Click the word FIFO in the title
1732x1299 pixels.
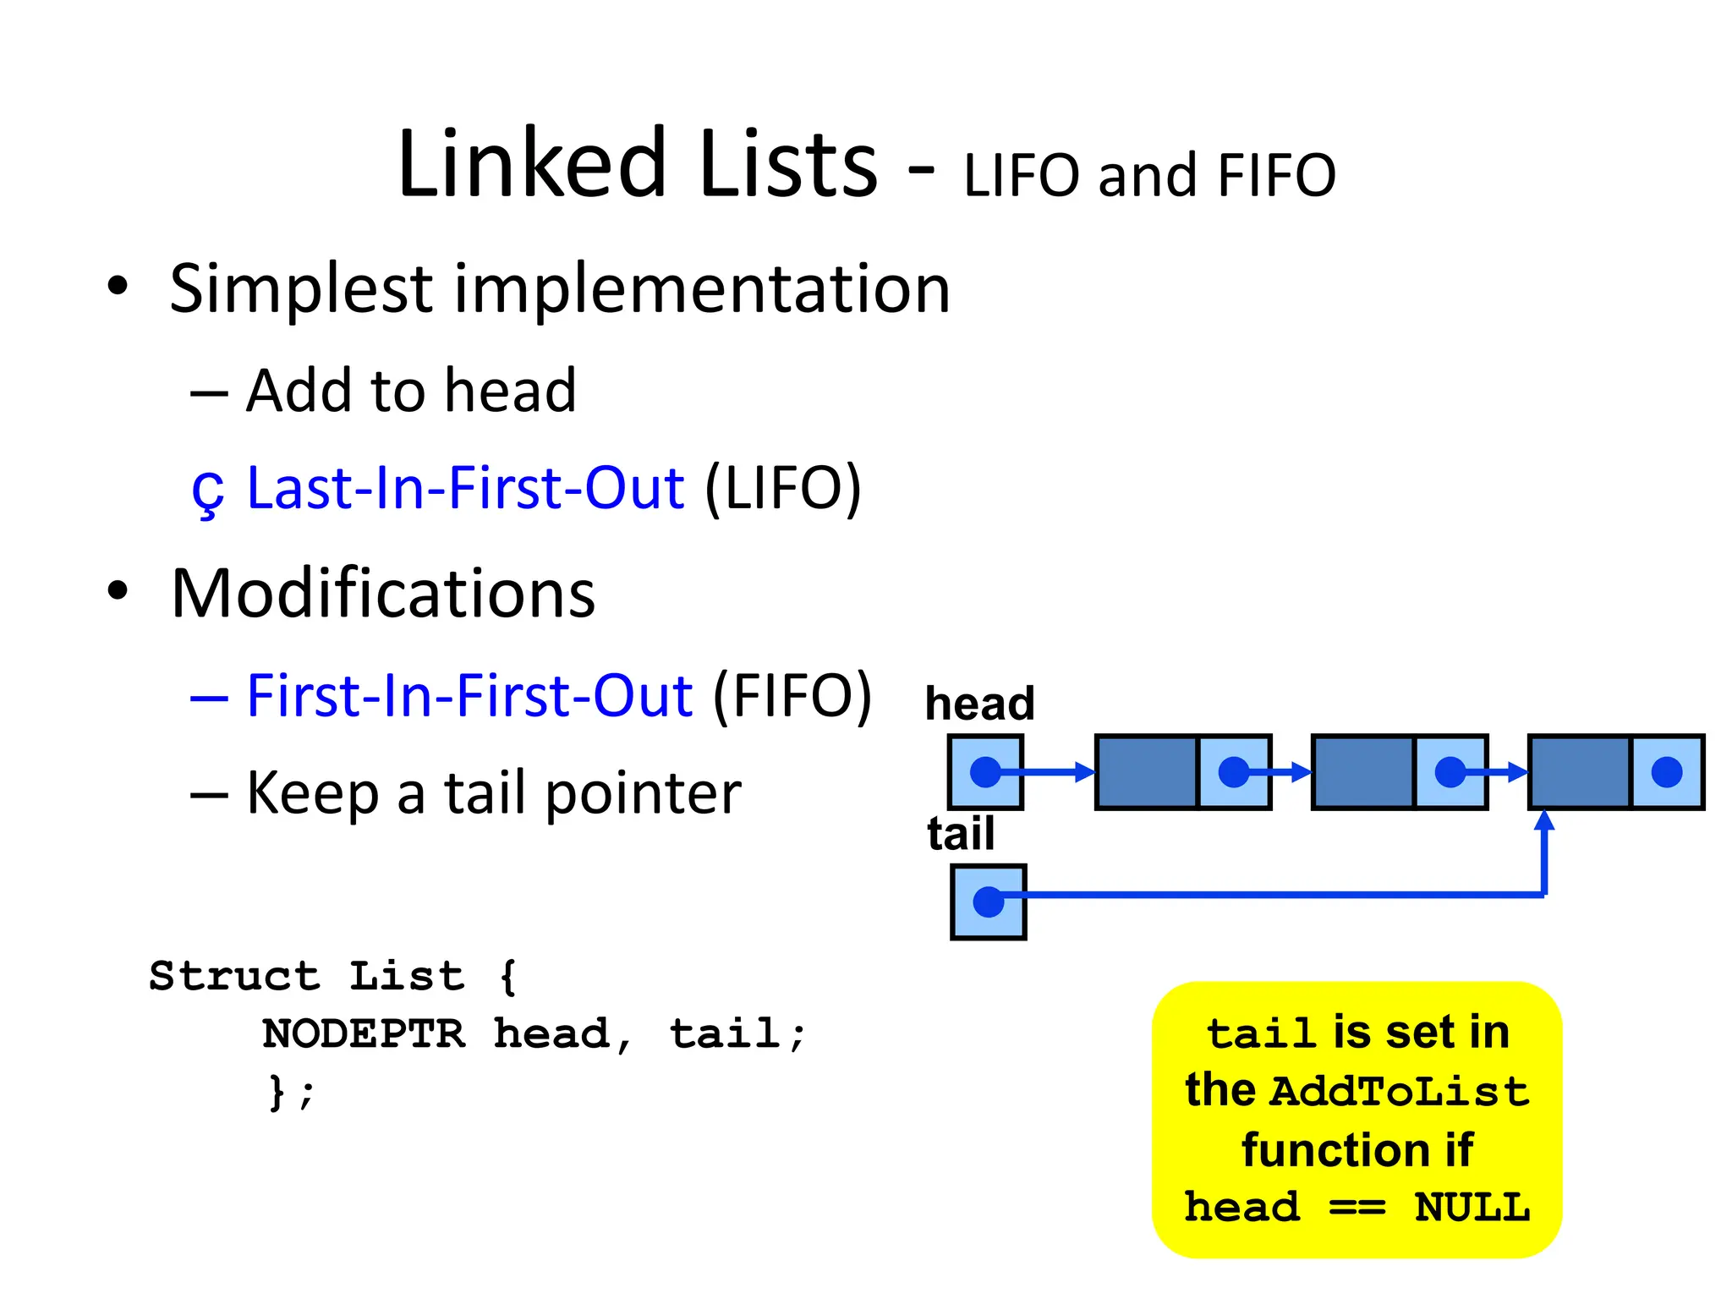click(1276, 176)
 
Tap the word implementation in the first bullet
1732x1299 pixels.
click(702, 289)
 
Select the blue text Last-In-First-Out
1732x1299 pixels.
click(465, 488)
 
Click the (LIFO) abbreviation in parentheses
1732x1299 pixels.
click(783, 488)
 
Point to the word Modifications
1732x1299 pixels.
click(383, 594)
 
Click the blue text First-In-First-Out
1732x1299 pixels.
click(469, 696)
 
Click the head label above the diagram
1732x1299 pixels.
click(979, 704)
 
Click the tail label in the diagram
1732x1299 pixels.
click(961, 834)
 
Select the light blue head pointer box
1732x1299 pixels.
click(985, 772)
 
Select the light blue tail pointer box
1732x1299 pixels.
click(988, 902)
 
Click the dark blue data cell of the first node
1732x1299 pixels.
click(1147, 772)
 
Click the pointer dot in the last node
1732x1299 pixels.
click(1666, 772)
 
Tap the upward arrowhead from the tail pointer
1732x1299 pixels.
click(1544, 820)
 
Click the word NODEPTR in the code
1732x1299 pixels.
click(364, 1033)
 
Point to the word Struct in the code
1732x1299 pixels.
click(234, 976)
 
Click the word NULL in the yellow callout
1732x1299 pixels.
click(1472, 1207)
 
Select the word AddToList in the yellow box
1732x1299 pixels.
click(1400, 1091)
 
